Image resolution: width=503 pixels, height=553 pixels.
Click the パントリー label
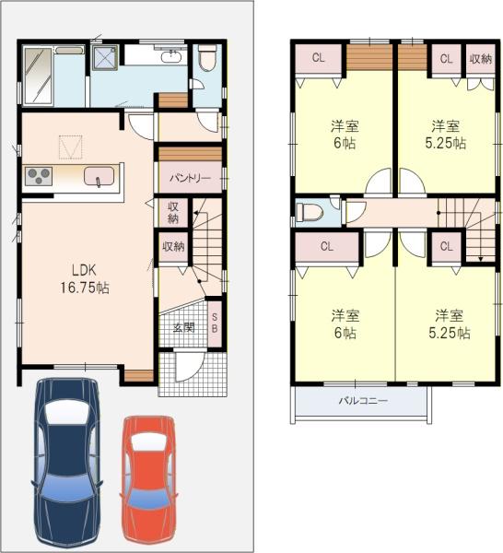(190, 177)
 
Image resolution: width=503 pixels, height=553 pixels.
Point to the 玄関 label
(182, 328)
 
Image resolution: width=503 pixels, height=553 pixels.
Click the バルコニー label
(362, 402)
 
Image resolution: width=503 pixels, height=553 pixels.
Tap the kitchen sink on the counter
(98, 177)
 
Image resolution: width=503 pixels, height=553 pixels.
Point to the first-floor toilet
(206, 61)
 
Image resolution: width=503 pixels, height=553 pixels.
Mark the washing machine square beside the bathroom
(104, 59)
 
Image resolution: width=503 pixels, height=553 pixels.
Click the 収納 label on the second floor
(480, 59)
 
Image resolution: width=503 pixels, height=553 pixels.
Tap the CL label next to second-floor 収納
(446, 59)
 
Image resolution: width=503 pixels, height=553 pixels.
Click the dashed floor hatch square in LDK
(71, 147)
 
